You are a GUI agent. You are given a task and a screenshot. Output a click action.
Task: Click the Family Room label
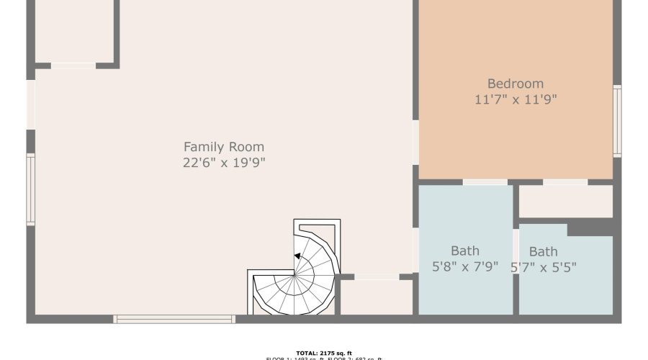pos(224,147)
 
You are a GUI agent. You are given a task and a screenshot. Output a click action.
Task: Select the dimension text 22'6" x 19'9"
pos(224,163)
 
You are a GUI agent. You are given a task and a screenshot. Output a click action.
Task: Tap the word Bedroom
pos(516,84)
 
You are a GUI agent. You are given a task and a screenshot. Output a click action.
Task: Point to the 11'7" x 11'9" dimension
pos(516,100)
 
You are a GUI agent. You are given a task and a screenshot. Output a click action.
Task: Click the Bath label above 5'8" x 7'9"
pos(465,251)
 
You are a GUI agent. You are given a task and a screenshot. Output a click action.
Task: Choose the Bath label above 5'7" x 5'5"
pos(543,252)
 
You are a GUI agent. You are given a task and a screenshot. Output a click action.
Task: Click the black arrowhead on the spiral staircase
pos(297,256)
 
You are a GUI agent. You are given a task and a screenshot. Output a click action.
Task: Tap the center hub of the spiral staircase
pos(294,274)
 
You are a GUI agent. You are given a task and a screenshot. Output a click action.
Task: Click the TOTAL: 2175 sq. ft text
pos(323,353)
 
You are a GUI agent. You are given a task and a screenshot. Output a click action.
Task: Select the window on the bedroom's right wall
pos(617,121)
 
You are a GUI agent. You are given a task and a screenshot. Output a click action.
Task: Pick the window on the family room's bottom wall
pos(174,318)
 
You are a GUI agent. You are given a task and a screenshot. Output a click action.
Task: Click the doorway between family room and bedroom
pos(415,142)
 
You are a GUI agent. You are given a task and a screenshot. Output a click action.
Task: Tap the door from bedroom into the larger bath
pos(485,182)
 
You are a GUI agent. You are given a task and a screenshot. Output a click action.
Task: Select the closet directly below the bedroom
pos(565,202)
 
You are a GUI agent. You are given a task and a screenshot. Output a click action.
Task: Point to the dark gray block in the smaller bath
pos(590,229)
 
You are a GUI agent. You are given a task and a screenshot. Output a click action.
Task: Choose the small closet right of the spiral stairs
pos(376,297)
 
